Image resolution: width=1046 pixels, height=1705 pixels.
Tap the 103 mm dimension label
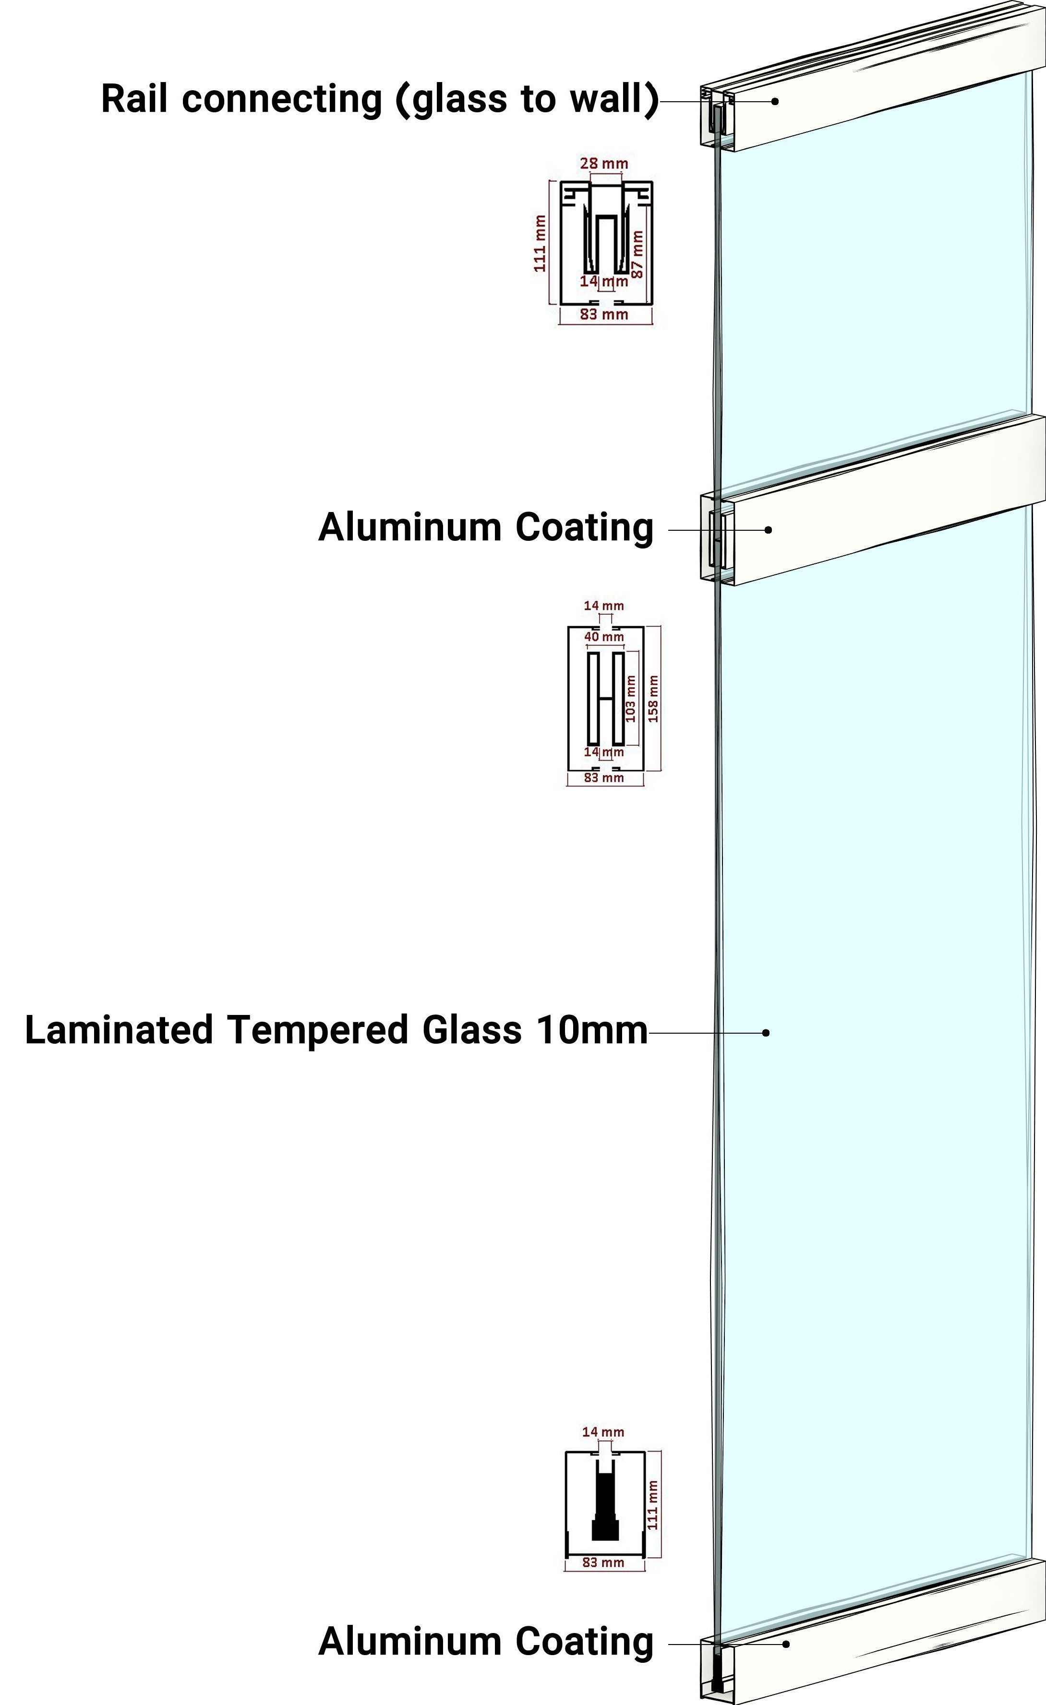point(631,698)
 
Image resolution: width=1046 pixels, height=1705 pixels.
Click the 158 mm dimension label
point(653,698)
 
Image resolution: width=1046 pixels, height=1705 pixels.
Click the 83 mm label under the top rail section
point(604,315)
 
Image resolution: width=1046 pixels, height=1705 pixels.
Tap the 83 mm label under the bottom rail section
point(603,1562)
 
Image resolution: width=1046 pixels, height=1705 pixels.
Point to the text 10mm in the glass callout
point(591,1030)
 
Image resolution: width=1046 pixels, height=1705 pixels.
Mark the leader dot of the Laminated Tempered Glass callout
point(766,1032)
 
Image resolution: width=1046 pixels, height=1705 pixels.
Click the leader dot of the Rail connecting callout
point(775,101)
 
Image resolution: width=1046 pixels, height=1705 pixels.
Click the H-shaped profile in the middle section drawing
point(606,698)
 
